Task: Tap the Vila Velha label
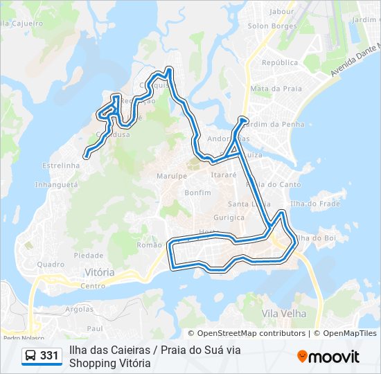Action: [x=284, y=314]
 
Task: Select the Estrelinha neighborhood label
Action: [x=61, y=166]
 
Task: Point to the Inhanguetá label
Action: [x=57, y=185]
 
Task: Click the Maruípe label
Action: [x=172, y=176]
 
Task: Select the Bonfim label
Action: [x=198, y=192]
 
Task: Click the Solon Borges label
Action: [x=272, y=26]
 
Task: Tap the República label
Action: [x=280, y=62]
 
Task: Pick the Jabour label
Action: [x=281, y=11]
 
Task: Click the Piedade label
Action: [x=89, y=255]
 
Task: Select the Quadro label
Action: [x=51, y=264]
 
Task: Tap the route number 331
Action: [x=49, y=356]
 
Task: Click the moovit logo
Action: [x=328, y=356]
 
